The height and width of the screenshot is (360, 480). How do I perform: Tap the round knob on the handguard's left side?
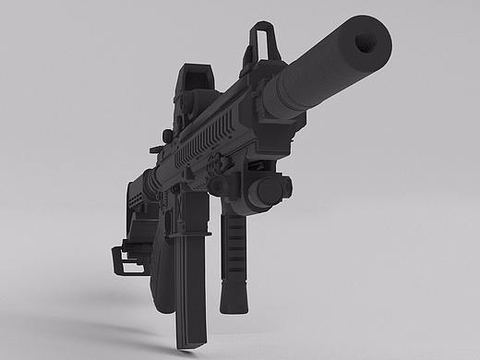[x=167, y=137]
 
